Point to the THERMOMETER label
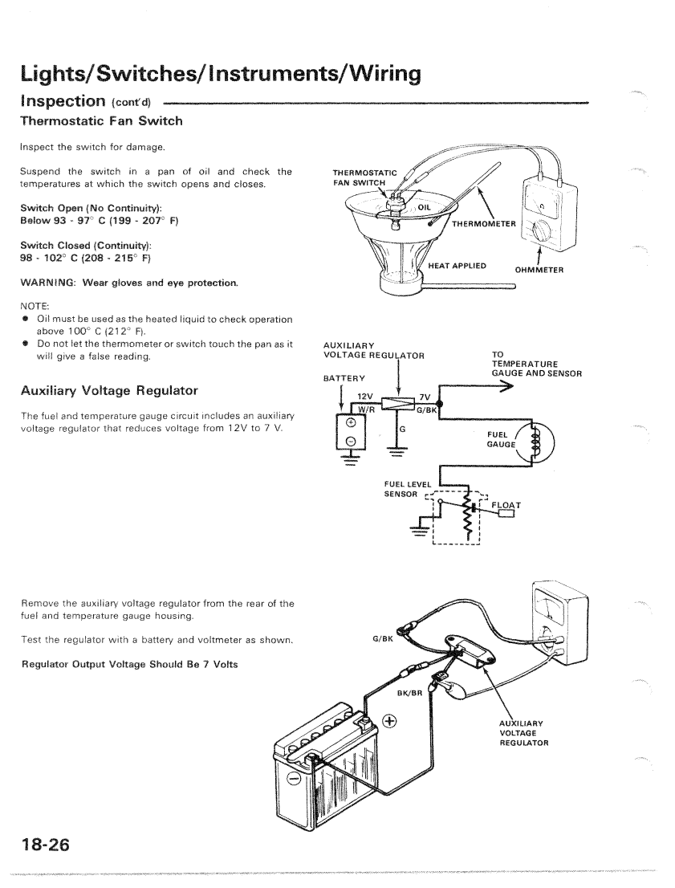(487, 223)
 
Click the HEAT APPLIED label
(457, 265)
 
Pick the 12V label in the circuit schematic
(366, 396)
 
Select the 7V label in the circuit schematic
(425, 396)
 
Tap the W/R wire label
(366, 408)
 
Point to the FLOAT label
(506, 505)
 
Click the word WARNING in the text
(47, 282)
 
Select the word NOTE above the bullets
(35, 306)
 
